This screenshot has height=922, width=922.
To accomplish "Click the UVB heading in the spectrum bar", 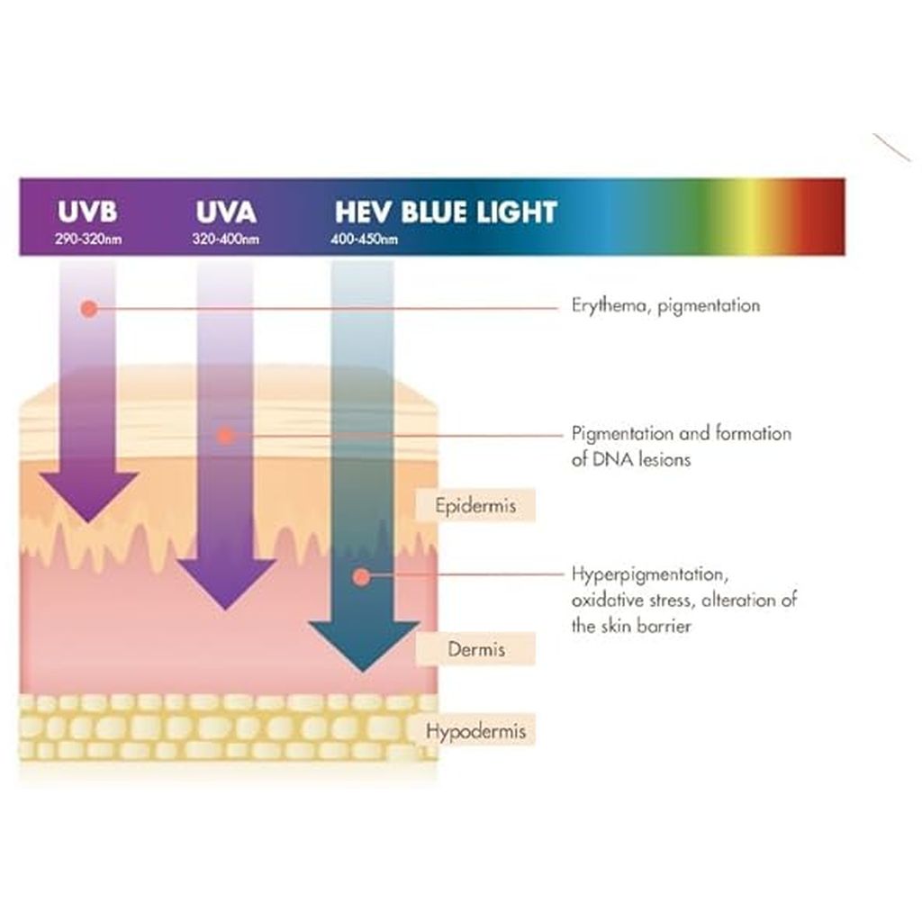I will point(87,212).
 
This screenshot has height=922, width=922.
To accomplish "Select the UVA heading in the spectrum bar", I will point(225,212).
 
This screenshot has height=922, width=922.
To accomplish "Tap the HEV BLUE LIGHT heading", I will point(446,212).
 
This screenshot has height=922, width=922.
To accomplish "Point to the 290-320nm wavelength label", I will point(87,240).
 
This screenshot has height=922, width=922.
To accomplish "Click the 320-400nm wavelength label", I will point(225,240).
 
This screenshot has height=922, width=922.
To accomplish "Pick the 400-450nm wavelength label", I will point(366,240).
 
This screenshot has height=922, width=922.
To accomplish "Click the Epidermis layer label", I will point(475,505).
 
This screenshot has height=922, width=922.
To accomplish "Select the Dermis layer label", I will point(475,648).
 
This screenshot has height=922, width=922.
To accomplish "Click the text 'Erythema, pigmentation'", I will point(665,306).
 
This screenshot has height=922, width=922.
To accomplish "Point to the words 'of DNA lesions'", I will point(630,459).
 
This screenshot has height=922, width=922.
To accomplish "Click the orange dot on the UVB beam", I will point(87,309).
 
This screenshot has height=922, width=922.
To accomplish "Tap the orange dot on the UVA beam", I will point(226,436).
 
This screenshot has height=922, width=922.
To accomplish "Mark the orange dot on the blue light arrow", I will point(361,575).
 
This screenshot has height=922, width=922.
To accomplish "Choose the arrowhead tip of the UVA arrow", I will point(225,609).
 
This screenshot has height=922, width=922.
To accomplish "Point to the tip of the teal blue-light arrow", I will point(363,671).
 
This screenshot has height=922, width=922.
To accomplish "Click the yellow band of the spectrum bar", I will point(746,216).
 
